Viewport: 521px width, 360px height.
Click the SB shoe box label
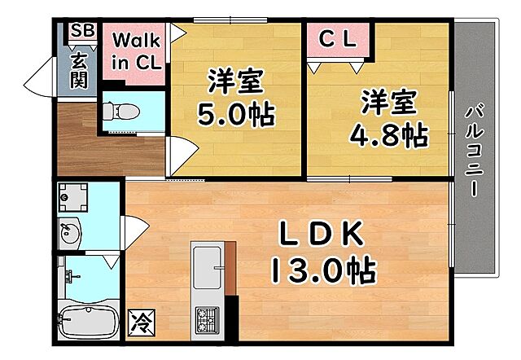tap(82, 31)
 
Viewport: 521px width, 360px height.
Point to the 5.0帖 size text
tap(236, 113)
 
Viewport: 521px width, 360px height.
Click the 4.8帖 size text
tap(389, 135)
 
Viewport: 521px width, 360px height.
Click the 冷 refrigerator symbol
tap(138, 319)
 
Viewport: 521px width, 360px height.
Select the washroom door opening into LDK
tap(134, 231)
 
